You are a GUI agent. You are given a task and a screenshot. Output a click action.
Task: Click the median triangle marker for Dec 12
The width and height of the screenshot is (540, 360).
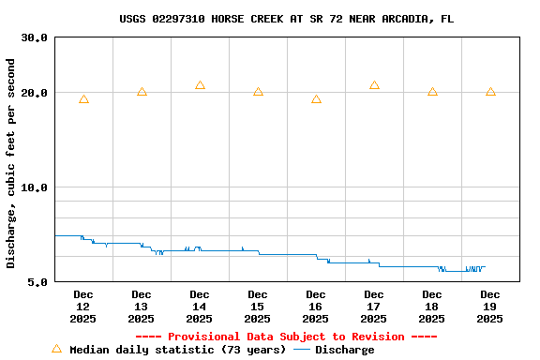pos(83,98)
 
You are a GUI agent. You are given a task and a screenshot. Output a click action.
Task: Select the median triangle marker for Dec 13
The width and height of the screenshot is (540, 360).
pos(142,91)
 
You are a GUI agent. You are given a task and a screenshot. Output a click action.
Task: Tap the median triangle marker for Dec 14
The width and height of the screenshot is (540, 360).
pos(200,85)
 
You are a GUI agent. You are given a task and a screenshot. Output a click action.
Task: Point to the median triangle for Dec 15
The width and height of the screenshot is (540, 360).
pos(258,91)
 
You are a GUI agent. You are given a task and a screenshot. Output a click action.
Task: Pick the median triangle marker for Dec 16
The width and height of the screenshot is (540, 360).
pos(316,98)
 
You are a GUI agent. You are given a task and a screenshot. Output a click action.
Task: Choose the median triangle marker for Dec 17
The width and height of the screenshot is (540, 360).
pos(374,85)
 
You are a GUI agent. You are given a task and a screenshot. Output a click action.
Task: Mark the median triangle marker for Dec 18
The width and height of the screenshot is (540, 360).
pos(432,91)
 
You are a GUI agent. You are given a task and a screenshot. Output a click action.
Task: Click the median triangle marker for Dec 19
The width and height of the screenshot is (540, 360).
pos(490,91)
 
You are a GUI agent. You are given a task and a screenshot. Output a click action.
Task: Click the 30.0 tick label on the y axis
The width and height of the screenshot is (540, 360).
pos(35,37)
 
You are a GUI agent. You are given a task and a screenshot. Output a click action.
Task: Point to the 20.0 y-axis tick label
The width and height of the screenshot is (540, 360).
pos(35,93)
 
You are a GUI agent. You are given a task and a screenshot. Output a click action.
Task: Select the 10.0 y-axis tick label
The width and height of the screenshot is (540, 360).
pos(35,187)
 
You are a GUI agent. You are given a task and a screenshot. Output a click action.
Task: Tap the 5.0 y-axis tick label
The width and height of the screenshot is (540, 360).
pos(38,282)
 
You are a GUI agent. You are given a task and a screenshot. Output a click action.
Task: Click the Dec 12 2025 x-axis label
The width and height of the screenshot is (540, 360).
pos(83,307)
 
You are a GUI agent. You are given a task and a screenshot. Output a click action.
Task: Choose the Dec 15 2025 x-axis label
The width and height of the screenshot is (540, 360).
pos(258,307)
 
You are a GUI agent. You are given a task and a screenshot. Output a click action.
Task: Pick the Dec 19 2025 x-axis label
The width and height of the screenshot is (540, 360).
pos(490,307)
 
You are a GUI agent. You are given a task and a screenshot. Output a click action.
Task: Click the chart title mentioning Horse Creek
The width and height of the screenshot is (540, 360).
pos(287,19)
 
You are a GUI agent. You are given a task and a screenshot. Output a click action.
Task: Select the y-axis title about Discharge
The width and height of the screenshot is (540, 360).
pos(11,163)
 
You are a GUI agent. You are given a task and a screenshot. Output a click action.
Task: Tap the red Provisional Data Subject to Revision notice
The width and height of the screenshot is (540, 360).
pos(286,337)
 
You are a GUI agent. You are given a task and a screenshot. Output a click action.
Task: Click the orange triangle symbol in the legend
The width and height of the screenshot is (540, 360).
pos(56,349)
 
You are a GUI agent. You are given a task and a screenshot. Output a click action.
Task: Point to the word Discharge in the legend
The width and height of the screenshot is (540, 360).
pos(344,350)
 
